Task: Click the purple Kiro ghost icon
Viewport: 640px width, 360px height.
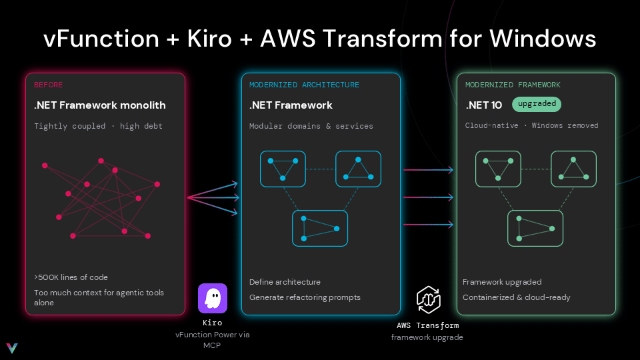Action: point(213,299)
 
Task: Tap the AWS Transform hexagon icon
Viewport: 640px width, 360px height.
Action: point(428,300)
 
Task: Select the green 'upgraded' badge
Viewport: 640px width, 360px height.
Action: point(537,104)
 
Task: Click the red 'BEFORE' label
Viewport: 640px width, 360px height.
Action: point(48,85)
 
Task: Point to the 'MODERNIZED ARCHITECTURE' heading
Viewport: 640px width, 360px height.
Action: point(304,85)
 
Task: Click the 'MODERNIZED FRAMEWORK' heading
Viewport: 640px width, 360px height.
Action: point(513,85)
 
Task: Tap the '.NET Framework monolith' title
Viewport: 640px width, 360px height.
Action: point(100,105)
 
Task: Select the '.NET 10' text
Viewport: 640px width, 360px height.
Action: point(484,105)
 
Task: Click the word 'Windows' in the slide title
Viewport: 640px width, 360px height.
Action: point(543,39)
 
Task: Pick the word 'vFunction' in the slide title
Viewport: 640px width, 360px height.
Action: point(101,39)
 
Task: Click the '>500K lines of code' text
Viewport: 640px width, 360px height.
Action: point(71,277)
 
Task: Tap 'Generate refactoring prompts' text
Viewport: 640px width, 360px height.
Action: point(305,297)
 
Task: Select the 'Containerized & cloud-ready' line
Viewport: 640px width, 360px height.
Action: point(516,297)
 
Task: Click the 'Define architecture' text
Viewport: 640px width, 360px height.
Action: point(285,282)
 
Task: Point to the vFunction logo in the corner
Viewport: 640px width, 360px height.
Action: point(12,348)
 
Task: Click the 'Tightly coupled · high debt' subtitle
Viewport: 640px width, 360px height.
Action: point(99,126)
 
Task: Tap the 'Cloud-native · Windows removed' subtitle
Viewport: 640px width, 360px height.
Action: point(531,126)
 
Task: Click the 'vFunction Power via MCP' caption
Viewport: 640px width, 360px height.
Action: point(212,340)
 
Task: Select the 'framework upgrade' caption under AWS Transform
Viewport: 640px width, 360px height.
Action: point(427,337)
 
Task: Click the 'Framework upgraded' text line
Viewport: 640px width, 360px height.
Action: point(502,282)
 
